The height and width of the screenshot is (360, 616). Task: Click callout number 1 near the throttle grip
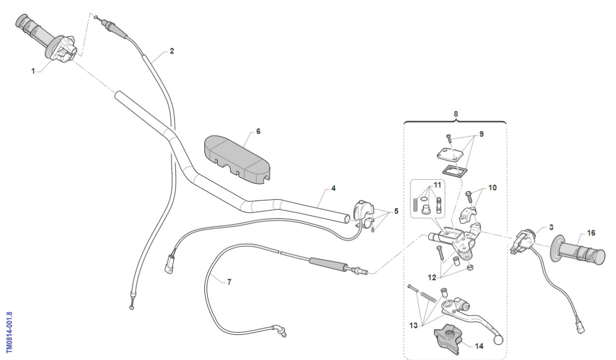[33, 71]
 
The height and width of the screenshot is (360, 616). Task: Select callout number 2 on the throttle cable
[172, 51]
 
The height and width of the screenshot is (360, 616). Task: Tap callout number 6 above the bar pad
[258, 132]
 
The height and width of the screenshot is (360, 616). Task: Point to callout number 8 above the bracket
[455, 114]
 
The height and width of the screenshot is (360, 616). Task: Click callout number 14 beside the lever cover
[479, 346]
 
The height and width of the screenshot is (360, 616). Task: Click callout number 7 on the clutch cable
[228, 282]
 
